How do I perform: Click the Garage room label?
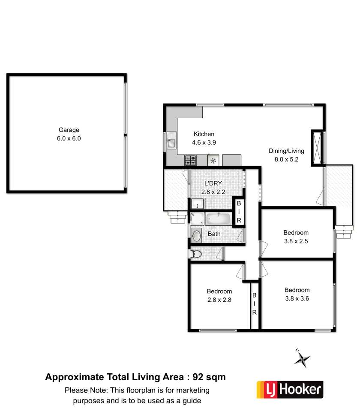point(69,130)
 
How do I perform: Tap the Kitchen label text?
point(204,134)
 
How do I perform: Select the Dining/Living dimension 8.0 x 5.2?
point(287,159)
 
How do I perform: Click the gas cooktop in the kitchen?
point(190,160)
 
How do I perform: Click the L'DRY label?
point(213,183)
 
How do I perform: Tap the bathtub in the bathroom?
point(218,219)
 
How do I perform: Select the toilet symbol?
point(196,254)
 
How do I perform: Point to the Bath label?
point(214,234)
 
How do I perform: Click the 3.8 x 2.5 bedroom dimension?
point(296,241)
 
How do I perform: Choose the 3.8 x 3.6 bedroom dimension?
point(297,298)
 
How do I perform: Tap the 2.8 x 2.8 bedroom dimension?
point(219,300)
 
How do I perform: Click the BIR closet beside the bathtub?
point(239,211)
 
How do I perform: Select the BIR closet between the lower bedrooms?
point(255,304)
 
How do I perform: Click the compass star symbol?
point(302,359)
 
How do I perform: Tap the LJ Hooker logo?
point(290,390)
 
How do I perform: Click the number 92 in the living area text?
point(198,377)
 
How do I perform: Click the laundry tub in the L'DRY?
point(197,204)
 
